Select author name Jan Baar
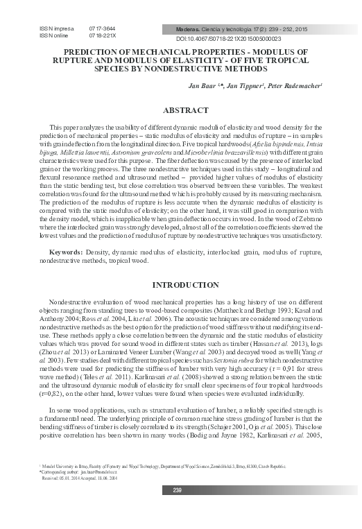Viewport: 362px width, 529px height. pyautogui.click(x=200, y=88)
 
